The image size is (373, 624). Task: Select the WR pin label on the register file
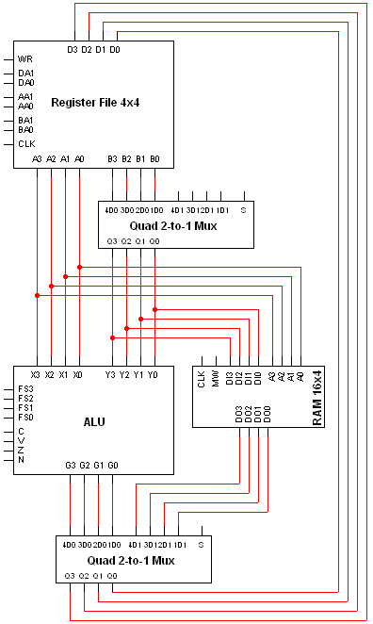[x=25, y=58]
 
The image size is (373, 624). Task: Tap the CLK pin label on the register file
[x=26, y=143]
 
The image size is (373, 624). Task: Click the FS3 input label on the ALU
[x=25, y=388]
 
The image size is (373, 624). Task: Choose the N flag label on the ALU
[x=21, y=459]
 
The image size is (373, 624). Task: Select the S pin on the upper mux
[x=242, y=208]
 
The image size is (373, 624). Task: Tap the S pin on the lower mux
[x=201, y=545]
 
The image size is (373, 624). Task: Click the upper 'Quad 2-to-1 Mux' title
[x=175, y=225]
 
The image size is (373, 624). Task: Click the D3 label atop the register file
[x=73, y=49]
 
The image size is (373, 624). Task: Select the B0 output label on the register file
[x=154, y=159]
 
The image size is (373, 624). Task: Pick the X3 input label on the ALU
[x=36, y=374]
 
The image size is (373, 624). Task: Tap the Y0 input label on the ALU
[x=153, y=374]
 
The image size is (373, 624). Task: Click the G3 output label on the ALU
[x=71, y=465]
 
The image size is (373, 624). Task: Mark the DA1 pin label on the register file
[x=25, y=73]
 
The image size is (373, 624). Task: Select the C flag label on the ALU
[x=21, y=431]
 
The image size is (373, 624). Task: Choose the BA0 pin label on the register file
[x=25, y=129]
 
